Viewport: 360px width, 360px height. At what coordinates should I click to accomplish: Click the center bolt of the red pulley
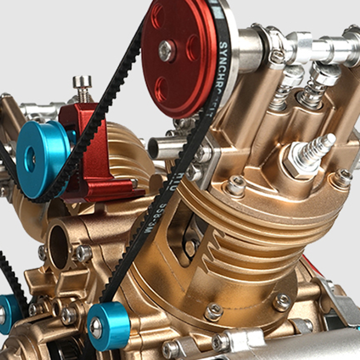(167, 51)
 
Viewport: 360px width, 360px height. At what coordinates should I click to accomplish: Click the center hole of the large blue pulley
(30, 158)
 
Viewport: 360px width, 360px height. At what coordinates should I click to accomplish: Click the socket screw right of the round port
(84, 254)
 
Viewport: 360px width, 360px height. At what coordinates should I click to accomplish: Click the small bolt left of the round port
(43, 252)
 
